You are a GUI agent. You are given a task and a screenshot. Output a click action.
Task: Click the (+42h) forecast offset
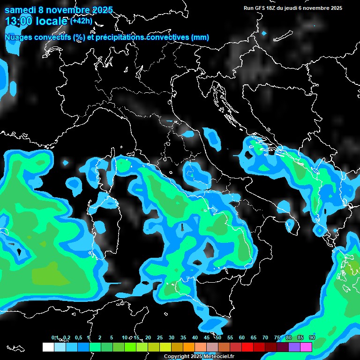point(81,21)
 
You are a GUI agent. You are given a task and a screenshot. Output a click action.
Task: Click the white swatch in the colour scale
point(48,347)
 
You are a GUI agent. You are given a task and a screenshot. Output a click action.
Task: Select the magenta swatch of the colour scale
point(306,347)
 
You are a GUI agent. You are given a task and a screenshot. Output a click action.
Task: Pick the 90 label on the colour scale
point(312,337)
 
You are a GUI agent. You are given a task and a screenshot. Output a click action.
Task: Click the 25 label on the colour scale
point(160,337)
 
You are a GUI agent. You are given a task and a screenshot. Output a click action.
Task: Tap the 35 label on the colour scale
point(183,337)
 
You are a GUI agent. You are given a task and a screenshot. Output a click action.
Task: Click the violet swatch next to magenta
point(294,347)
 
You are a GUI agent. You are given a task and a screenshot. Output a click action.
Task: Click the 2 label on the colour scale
point(100,337)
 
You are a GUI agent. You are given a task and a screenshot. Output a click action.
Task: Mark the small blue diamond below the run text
point(264,33)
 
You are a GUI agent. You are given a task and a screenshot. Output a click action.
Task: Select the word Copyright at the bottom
point(177,356)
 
